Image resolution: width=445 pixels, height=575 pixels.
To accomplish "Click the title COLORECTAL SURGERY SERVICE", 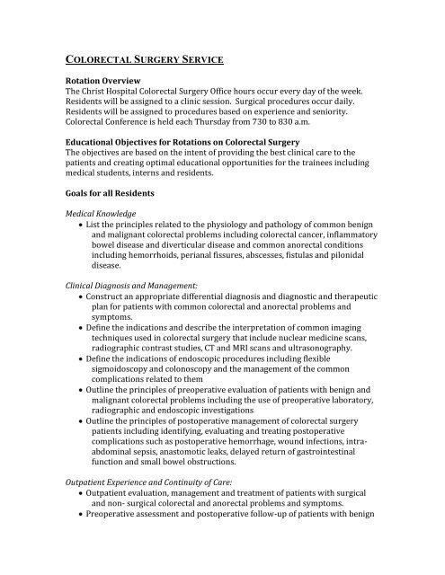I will click(x=154, y=61).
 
